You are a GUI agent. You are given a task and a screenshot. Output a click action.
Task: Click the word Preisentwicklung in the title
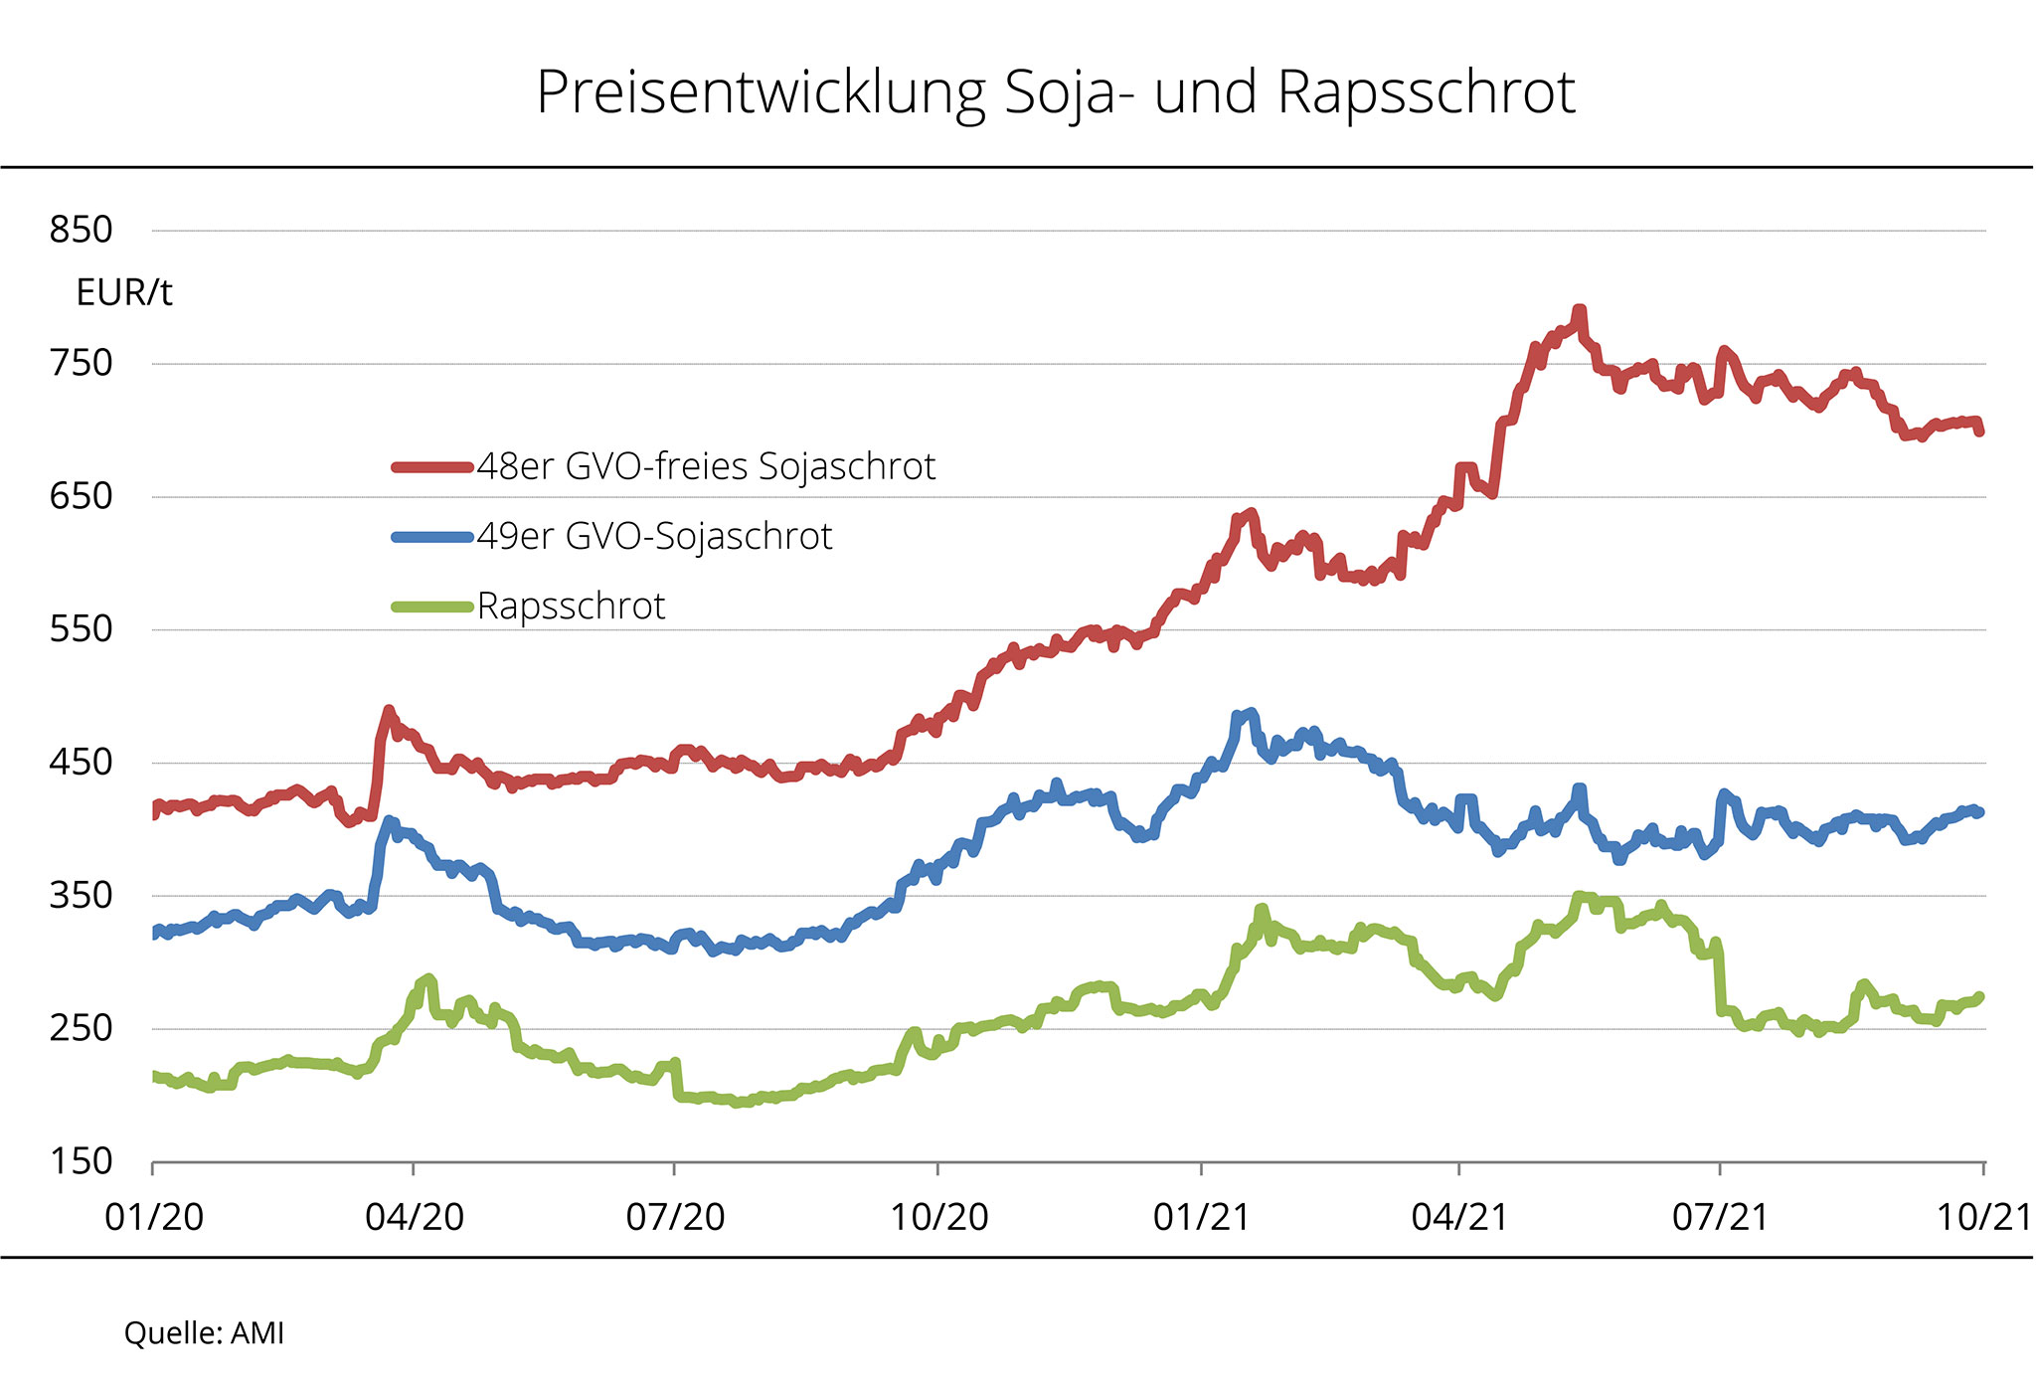click(x=761, y=93)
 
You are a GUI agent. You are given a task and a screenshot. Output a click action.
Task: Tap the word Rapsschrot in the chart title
click(x=1426, y=93)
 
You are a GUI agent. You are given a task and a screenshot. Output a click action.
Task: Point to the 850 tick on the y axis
click(x=82, y=230)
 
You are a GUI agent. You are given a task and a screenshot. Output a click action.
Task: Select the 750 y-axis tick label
click(x=82, y=363)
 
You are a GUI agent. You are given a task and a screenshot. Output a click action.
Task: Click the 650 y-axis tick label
click(x=82, y=496)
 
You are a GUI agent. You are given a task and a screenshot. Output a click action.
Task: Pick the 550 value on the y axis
click(x=82, y=629)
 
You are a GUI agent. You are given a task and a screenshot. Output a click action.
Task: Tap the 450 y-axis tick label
click(x=82, y=763)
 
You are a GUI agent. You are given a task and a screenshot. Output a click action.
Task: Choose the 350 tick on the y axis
click(x=82, y=896)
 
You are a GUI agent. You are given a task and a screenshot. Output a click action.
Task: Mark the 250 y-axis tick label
click(x=82, y=1028)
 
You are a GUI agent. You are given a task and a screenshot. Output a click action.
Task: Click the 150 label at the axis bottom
click(x=82, y=1161)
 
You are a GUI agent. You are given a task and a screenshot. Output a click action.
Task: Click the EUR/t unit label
click(x=124, y=293)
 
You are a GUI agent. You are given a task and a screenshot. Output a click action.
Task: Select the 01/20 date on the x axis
click(x=154, y=1217)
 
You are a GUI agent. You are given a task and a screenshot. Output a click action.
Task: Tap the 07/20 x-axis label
click(x=675, y=1217)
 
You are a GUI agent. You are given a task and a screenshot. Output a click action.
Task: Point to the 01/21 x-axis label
click(x=1201, y=1217)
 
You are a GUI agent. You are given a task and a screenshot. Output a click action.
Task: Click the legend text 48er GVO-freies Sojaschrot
click(x=706, y=466)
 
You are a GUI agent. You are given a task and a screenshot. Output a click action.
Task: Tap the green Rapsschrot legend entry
click(x=571, y=607)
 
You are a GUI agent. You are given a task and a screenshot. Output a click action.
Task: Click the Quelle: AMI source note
click(x=204, y=1333)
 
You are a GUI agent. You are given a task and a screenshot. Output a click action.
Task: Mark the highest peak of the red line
click(x=1579, y=311)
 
